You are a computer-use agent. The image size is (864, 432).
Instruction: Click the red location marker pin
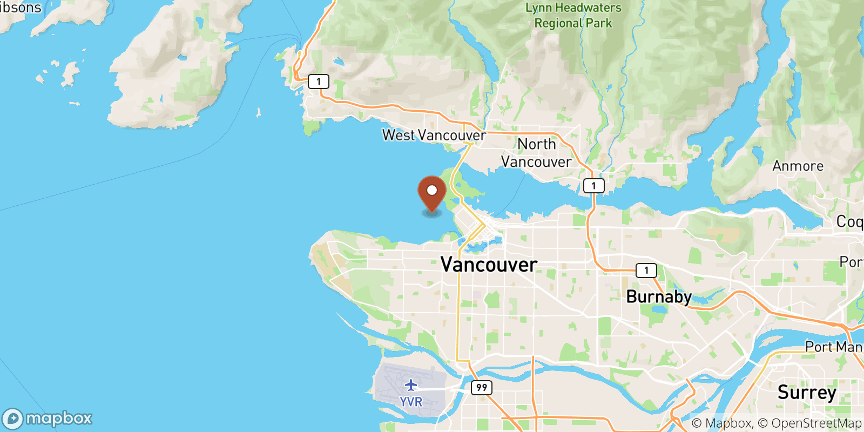432,194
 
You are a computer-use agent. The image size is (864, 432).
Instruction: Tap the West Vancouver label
434,135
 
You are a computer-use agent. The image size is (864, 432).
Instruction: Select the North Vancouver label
536,153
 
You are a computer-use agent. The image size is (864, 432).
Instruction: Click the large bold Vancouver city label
489,265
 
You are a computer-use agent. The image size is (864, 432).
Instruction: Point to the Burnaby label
659,296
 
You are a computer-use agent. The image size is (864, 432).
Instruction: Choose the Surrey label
807,393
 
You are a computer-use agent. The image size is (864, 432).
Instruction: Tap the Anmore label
798,166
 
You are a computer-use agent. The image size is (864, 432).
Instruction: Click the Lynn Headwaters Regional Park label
573,15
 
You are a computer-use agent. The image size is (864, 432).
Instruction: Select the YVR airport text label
411,402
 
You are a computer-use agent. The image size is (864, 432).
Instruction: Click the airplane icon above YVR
411,385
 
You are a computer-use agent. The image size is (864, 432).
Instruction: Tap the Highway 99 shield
481,387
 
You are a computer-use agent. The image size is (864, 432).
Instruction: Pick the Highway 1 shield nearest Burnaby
646,270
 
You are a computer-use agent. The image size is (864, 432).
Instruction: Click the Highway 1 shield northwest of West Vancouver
318,82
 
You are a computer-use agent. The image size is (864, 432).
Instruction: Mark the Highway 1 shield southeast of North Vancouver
593,186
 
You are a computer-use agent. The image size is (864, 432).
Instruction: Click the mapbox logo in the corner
48,418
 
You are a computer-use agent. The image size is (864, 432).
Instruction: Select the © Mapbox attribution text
721,423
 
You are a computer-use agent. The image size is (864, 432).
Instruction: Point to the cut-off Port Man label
834,347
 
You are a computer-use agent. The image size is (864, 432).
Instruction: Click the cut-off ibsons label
21,8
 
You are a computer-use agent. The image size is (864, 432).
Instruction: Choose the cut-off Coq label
849,221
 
